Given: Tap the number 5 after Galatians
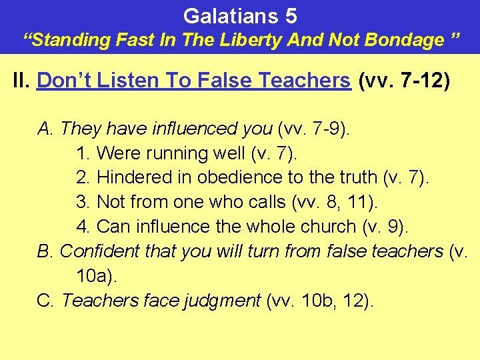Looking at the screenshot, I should pos(290,15).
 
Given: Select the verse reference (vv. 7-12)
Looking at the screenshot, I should pos(404,81).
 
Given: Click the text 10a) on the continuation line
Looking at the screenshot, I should pos(97,275).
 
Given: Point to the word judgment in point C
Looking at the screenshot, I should pos(221,301).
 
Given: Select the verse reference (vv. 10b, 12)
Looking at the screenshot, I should pos(320,301).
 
